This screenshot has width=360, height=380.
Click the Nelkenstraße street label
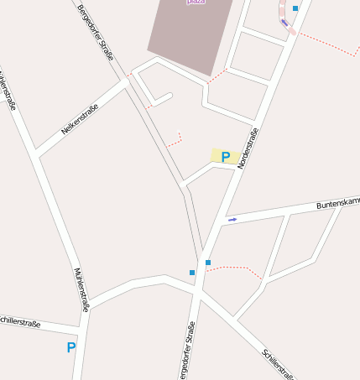tap(80, 119)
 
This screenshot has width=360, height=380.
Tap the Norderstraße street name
tap(248, 148)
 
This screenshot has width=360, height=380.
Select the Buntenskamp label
tap(337, 204)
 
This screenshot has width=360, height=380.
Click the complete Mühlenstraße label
tap(81, 290)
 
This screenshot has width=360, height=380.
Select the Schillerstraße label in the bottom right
tap(278, 363)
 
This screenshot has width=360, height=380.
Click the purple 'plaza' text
tap(196, 3)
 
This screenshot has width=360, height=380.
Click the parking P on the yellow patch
tap(225, 156)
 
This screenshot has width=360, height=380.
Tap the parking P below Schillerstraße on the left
tap(70, 347)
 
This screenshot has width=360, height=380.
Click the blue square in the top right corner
tap(295, 9)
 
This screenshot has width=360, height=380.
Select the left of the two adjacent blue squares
tap(192, 273)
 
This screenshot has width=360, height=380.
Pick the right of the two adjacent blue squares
tap(208, 263)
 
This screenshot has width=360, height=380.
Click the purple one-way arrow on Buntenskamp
tap(232, 220)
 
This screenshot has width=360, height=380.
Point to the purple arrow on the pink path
tap(284, 23)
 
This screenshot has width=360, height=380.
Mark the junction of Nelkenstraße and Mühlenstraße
tap(37, 153)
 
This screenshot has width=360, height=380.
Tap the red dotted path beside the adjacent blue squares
tap(235, 268)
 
